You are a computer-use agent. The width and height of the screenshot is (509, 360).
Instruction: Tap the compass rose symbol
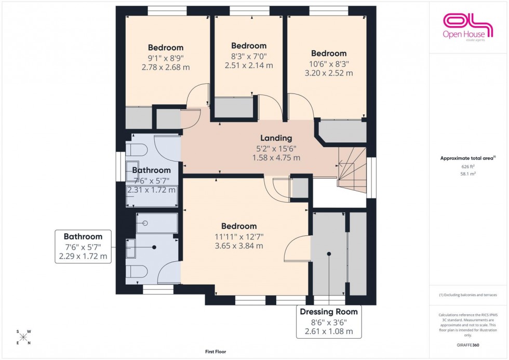click(23, 337)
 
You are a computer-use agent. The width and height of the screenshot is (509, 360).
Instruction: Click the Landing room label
click(276, 138)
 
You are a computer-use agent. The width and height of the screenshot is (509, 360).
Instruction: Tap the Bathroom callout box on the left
click(83, 246)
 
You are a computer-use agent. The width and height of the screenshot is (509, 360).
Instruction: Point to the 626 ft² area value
click(468, 166)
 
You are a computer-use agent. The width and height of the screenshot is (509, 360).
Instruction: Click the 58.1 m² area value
click(468, 174)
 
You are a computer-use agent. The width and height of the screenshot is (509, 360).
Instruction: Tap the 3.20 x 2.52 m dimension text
click(328, 73)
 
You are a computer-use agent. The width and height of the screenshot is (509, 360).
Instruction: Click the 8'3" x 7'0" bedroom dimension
click(248, 56)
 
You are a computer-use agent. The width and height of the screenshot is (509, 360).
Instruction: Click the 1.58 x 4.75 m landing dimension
click(276, 157)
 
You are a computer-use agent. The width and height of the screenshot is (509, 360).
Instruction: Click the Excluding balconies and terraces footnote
click(468, 295)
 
